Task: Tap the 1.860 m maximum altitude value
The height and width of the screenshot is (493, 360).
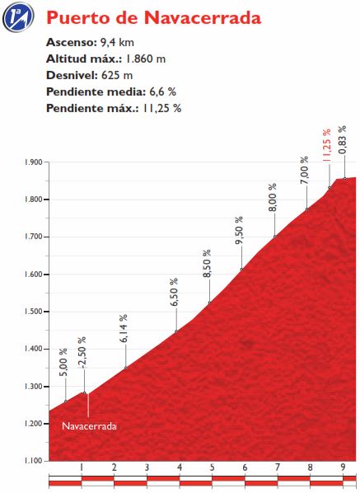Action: pos(147,59)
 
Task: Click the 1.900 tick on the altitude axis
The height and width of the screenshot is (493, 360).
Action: pos(34,162)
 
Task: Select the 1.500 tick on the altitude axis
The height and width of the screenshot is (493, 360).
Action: pos(34,312)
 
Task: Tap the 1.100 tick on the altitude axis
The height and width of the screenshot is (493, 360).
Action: pos(34,460)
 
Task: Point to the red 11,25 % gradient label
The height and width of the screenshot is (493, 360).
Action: pos(326,143)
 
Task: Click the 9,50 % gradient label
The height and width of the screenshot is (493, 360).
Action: pos(239,232)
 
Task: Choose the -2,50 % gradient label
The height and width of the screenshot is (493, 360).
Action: pos(82,352)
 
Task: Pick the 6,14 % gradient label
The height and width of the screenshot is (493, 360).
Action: pos(124,328)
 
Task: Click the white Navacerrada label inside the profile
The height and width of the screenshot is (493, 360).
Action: pos(89,426)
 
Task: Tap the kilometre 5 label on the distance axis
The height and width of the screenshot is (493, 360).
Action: pos(212,468)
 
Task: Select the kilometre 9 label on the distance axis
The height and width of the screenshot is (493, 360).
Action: pos(342,468)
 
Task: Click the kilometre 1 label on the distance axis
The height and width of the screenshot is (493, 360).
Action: pos(82,468)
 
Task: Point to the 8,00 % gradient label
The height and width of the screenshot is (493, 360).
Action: pos(272,199)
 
